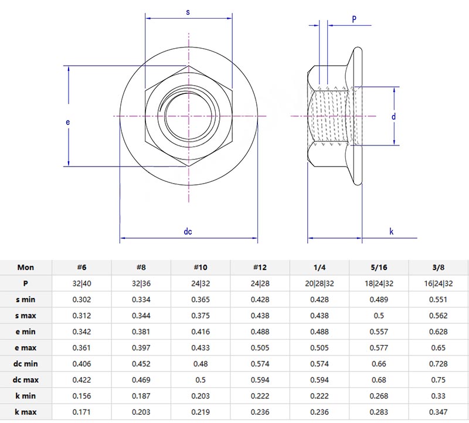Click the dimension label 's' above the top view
[188, 12]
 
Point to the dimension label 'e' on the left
[68, 122]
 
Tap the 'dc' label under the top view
[188, 231]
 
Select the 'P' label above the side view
[354, 19]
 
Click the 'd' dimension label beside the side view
[394, 117]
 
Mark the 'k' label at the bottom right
[392, 232]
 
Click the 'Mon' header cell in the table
[26, 268]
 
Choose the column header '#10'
[200, 268]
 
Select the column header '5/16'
[379, 268]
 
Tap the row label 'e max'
[26, 348]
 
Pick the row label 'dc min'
[26, 364]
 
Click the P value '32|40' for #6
[81, 283]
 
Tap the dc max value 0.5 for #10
[200, 380]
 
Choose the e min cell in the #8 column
[141, 331]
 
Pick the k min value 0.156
[81, 396]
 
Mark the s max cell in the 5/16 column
[379, 316]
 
